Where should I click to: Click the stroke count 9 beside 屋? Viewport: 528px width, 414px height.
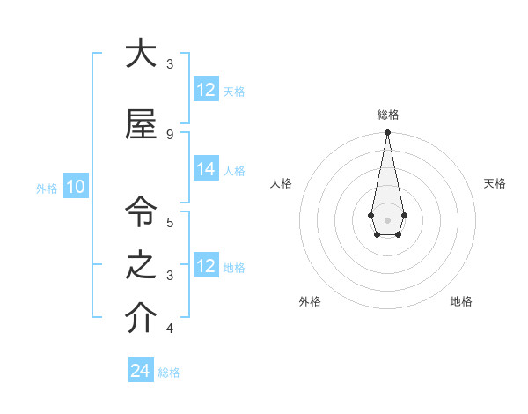(x=170, y=134)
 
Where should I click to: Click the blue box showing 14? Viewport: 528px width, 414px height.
(x=206, y=170)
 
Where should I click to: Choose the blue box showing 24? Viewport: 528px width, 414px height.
(x=141, y=371)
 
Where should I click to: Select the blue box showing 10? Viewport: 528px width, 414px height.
(x=75, y=187)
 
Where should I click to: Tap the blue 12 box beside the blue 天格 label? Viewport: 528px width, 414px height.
(x=206, y=90)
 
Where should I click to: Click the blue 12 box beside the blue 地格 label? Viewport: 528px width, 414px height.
(x=206, y=266)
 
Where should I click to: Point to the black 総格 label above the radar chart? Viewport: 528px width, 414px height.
(x=387, y=115)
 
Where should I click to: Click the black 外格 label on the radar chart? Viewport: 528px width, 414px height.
(x=310, y=301)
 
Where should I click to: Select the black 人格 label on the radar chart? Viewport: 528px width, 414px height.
(x=281, y=183)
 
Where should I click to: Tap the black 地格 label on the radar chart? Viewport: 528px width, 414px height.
(x=461, y=301)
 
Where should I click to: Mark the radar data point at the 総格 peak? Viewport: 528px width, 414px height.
(x=387, y=133)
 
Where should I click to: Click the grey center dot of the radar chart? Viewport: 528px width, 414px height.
(x=387, y=219)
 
